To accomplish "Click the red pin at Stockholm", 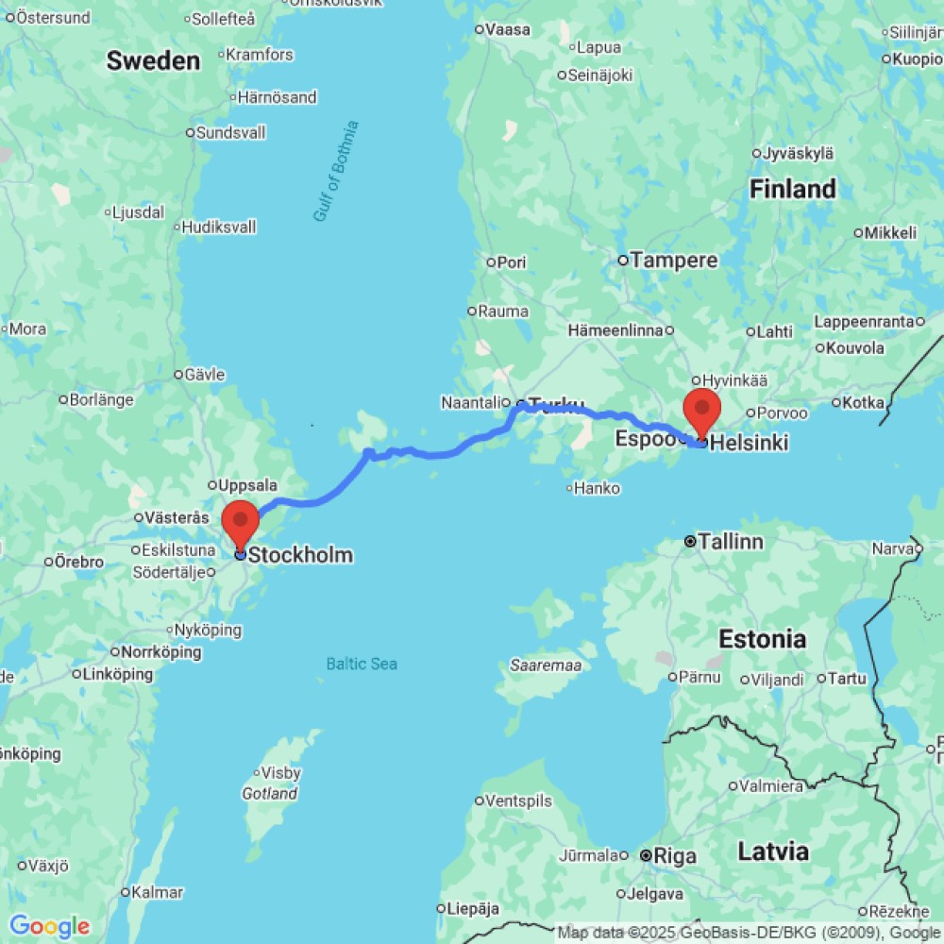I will pos(240,522).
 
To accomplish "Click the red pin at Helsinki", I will pos(702,409).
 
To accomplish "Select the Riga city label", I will pos(675,856).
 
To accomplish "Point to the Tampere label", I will pos(674,260).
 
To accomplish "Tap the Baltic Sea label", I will pos(362,664).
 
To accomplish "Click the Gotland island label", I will pos(270,794).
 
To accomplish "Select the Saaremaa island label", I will pos(547,666).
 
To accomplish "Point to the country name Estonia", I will pos(762,639).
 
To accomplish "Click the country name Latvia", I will pos(773,851).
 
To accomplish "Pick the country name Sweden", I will pos(153,61).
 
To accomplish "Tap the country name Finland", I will pos(793,189).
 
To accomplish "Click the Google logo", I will pos(49,926).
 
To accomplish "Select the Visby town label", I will pos(280,773).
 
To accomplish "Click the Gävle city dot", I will pos(178,375).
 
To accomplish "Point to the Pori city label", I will pos(511,262).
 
